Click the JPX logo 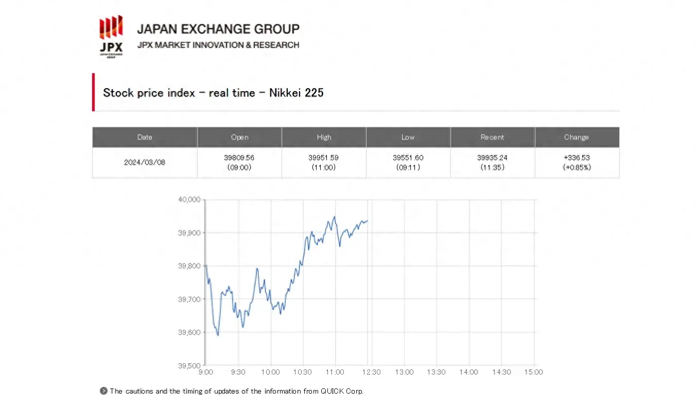111,36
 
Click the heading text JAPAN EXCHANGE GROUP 218,29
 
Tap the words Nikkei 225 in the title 297,93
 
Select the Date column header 145,137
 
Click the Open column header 239,137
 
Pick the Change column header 576,137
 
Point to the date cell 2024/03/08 145,162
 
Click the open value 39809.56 239,158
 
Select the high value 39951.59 324,158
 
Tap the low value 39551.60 408,158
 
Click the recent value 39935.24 492,158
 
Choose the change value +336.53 576,158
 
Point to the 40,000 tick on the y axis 189,200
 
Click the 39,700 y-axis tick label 189,299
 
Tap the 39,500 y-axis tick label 189,366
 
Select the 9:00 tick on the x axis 206,372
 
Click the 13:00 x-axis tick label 404,372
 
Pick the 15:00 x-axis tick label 533,372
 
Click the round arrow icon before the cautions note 103,391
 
